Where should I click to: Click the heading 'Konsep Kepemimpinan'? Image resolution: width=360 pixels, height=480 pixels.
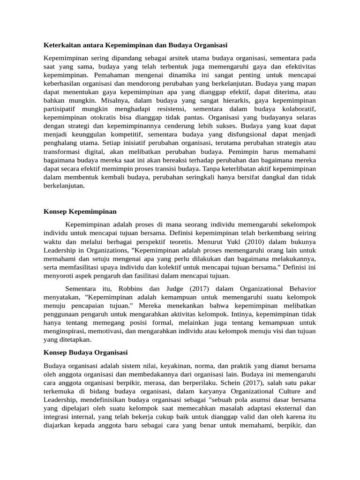[80, 211]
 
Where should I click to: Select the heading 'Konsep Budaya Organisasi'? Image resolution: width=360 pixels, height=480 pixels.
[86, 352]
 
